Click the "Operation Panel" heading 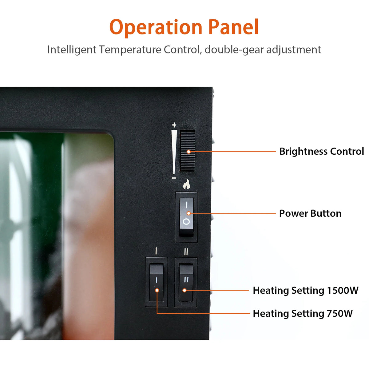(184, 27)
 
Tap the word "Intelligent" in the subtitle (72, 50)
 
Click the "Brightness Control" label (322, 152)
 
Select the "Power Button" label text (310, 213)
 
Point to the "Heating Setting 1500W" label (306, 291)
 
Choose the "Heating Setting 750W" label (303, 314)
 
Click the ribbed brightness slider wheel (187, 151)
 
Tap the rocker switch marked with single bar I (157, 282)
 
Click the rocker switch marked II (186, 282)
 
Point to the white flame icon (187, 184)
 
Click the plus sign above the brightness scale (174, 125)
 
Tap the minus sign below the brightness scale (174, 178)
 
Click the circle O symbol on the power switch (186, 222)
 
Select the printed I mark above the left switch (156, 251)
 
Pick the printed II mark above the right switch (186, 252)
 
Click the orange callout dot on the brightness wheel (188, 152)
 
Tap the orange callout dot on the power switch (188, 213)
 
